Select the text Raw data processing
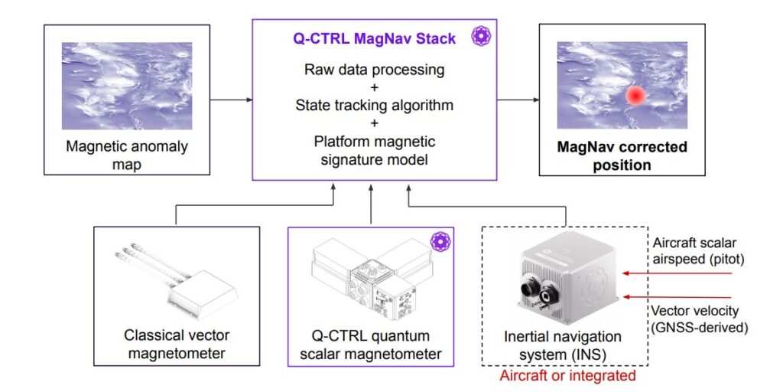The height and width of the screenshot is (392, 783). tap(374, 70)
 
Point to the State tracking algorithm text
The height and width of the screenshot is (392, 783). tap(374, 105)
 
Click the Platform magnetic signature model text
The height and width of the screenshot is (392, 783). tap(374, 151)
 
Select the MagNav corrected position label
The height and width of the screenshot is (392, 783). tap(621, 155)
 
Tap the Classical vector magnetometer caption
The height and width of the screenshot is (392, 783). tap(177, 345)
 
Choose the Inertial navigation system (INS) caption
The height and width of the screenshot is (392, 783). tap(563, 345)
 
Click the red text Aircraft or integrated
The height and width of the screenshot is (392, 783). tap(563, 376)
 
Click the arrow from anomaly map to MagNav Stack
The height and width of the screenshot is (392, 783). tap(232, 100)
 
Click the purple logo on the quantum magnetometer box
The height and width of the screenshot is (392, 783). tap(439, 242)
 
